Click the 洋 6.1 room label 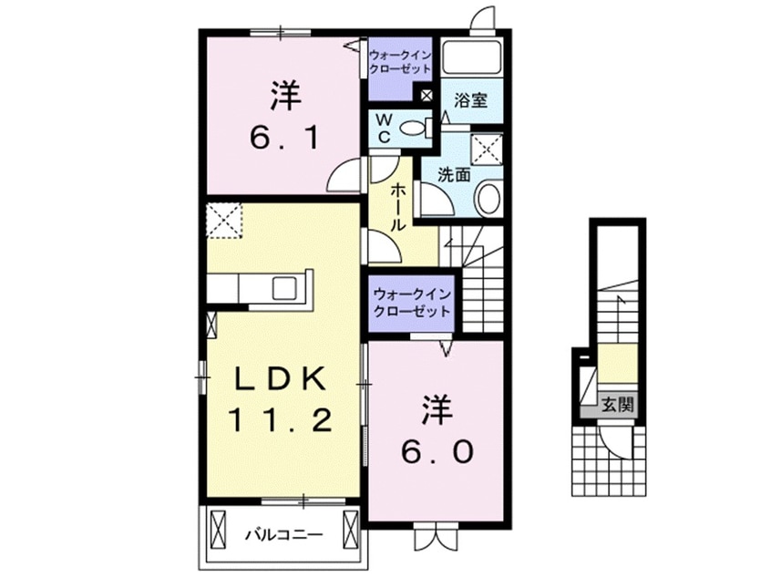283,116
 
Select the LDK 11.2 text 283,397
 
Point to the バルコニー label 282,535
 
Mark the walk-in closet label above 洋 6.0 411,301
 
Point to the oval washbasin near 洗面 488,195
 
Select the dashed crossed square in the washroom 487,148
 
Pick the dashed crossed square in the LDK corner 222,220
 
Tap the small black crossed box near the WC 427,95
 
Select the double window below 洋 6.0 433,536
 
